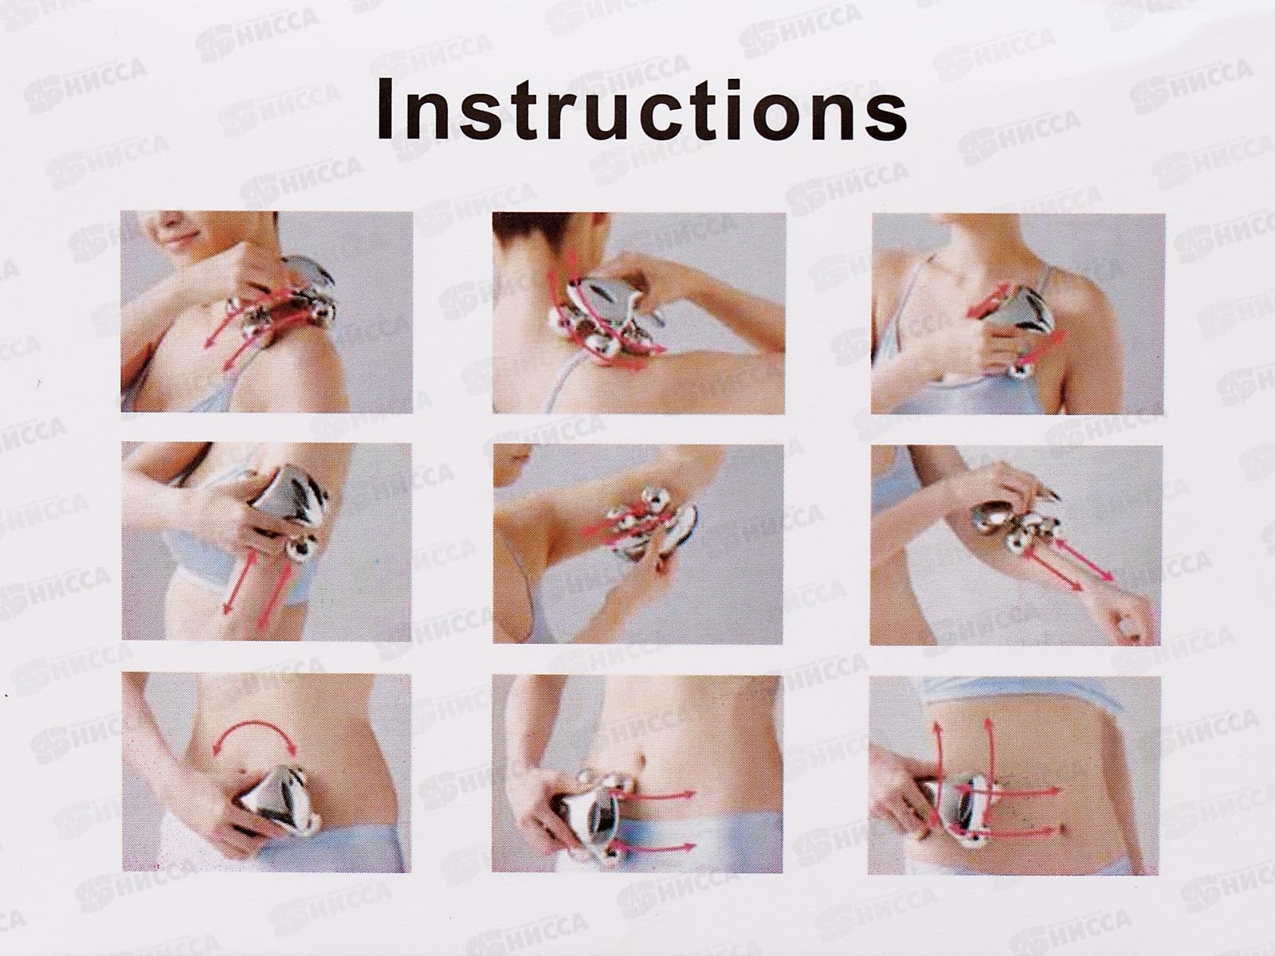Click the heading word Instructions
point(641,110)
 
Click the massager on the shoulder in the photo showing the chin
point(279,302)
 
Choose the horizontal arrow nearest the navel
point(662,794)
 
